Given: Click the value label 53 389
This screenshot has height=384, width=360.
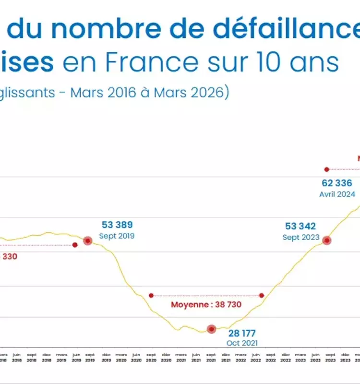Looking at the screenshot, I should click(117, 225).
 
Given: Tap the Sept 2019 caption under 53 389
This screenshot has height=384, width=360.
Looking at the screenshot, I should click(117, 236).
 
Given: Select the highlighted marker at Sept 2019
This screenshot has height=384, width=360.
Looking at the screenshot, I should click(88, 241).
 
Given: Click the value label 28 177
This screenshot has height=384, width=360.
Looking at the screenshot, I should click(242, 333).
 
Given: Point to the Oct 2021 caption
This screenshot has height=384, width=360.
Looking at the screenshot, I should click(242, 343).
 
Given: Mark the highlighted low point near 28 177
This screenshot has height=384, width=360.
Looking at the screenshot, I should click(211, 329).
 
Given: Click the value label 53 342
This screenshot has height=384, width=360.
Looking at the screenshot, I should click(300, 226).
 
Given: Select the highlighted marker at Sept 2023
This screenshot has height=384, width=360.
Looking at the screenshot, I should click(326, 240).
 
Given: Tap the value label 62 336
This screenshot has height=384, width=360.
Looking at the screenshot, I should click(337, 183).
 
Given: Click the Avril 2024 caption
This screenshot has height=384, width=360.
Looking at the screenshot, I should click(337, 194).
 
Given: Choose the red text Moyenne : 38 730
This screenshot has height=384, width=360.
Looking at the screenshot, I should click(206, 304).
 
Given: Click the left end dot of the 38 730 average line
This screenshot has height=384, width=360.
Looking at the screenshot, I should click(151, 295).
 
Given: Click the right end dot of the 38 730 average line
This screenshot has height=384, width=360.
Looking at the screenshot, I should click(262, 295).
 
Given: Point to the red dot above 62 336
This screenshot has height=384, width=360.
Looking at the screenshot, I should click(326, 169).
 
